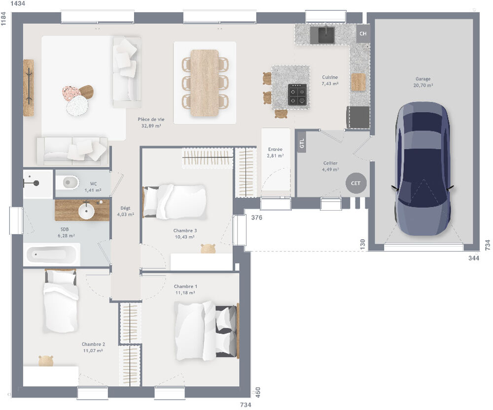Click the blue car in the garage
423,167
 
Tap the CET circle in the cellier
355,183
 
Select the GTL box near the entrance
302,144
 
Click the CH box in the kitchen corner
363,33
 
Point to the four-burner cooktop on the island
297,94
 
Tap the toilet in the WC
67,183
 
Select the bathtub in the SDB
52,254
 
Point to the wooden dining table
205,82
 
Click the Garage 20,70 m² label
423,82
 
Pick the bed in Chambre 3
175,201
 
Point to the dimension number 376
256,218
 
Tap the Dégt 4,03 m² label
125,211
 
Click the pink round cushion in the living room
71,93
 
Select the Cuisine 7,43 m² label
330,80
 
